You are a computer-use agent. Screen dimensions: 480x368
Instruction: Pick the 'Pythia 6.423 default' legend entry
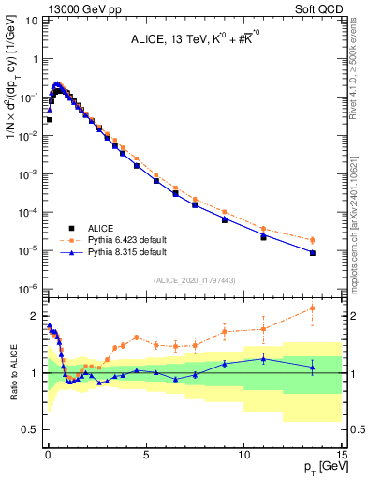click(x=113, y=240)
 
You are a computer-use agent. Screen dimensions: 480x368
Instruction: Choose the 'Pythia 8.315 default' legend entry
click(x=113, y=252)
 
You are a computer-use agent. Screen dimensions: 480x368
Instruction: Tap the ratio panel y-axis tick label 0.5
click(x=32, y=430)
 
